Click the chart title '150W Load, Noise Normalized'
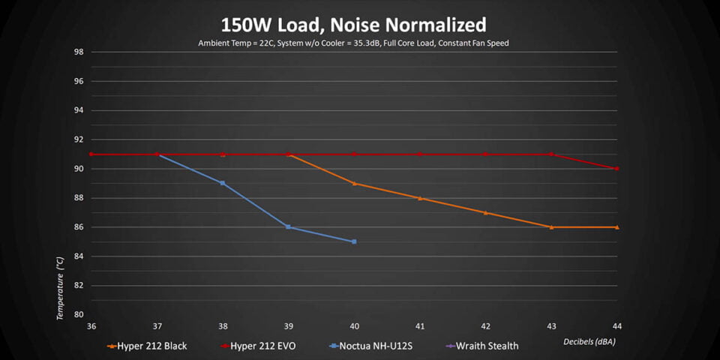[x=353, y=25]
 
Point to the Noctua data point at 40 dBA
[x=354, y=241]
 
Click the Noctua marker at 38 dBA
[x=223, y=183]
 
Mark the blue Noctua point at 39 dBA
[x=288, y=226]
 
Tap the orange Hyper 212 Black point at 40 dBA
[x=354, y=183]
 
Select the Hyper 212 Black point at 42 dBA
[x=485, y=212]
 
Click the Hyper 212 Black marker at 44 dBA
[x=616, y=227]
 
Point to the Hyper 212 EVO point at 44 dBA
[x=616, y=169]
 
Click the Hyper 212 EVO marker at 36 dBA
[x=91, y=154]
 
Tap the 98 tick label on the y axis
[x=78, y=52]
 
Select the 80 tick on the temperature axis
[x=78, y=315]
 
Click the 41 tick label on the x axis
[x=420, y=326]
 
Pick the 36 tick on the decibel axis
[x=91, y=326]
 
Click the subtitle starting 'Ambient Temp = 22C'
[x=353, y=43]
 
